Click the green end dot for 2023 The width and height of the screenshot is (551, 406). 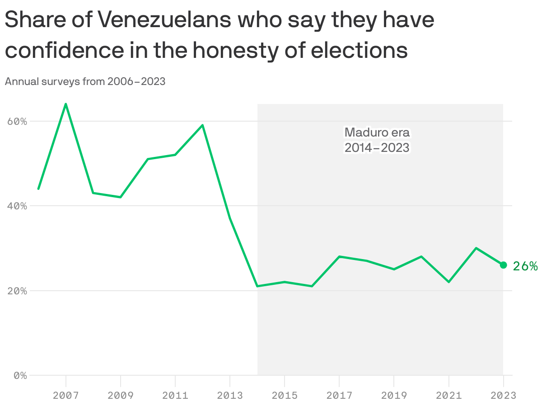503,265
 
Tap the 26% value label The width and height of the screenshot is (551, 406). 525,266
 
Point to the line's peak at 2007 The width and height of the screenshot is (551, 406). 66,104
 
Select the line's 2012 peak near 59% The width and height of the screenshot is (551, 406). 203,125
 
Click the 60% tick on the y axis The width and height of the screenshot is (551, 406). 17,121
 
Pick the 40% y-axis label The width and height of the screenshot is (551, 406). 17,206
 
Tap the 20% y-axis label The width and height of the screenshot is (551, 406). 17,291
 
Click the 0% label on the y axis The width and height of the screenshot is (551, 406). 20,375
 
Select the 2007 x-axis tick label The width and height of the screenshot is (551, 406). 66,396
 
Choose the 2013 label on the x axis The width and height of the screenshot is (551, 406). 230,396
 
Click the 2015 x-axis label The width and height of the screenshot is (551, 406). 285,396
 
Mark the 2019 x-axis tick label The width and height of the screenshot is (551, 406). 394,396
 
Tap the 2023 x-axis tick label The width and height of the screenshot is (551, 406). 503,396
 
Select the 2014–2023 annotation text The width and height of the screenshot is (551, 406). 377,147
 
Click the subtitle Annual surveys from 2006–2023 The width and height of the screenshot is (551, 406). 85,81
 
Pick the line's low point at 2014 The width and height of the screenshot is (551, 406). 257,286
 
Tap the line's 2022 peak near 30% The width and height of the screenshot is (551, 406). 476,248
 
